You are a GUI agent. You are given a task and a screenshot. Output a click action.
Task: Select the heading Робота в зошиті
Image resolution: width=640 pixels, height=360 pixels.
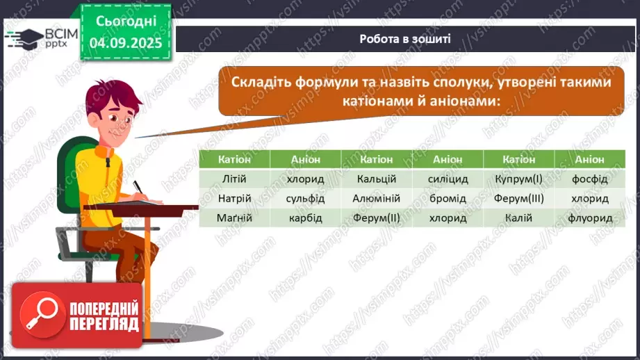[405, 39]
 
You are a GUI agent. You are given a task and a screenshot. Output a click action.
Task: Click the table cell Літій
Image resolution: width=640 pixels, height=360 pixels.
[234, 179]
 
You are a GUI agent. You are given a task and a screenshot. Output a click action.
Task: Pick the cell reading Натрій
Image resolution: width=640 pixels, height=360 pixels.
[234, 199]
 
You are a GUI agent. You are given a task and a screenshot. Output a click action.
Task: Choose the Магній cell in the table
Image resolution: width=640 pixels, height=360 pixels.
[234, 218]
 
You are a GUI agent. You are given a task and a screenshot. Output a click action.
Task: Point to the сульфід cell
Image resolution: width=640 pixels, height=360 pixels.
[305, 199]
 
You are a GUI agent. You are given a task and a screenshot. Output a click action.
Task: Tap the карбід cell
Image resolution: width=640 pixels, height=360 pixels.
[305, 218]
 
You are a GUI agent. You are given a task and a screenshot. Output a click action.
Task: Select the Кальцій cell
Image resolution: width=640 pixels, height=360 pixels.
[376, 179]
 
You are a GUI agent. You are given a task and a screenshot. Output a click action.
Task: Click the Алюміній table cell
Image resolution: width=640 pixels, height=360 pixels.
[376, 199]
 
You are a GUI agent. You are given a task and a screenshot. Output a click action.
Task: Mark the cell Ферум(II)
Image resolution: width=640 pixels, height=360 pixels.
[376, 218]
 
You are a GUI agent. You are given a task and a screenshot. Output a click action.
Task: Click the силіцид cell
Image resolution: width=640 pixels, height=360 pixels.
[447, 179]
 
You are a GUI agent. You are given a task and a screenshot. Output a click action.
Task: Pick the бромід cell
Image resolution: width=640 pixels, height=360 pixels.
[447, 199]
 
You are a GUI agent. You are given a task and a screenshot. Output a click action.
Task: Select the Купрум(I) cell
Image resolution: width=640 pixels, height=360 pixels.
[518, 179]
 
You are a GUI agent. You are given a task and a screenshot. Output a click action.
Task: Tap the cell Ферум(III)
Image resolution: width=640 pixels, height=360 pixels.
[518, 199]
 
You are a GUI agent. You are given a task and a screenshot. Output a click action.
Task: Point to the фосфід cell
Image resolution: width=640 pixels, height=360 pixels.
[590, 179]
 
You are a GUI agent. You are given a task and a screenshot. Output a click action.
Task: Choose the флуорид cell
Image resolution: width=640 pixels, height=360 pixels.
[590, 218]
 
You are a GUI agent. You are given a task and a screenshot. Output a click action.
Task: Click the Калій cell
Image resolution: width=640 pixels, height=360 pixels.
[518, 218]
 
